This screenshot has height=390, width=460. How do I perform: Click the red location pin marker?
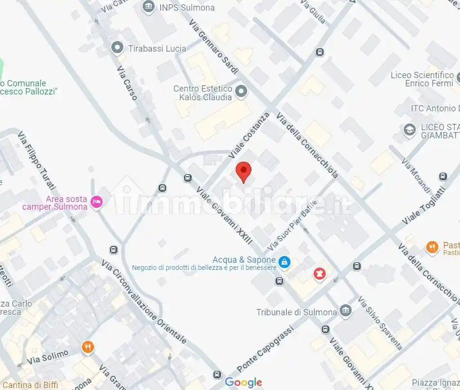coord(244,172)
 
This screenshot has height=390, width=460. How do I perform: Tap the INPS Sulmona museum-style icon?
coord(149,7)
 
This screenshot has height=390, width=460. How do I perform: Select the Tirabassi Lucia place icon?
coord(117,48)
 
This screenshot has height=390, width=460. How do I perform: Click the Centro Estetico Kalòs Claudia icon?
coord(242,91)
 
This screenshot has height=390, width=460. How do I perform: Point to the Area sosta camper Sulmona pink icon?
coord(96,202)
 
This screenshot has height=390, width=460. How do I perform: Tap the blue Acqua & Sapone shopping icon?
coord(285,262)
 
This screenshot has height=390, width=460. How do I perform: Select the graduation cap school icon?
coord(409,130)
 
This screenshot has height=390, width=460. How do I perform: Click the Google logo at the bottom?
coord(244,383)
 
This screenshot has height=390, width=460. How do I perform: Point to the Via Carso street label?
coord(127,82)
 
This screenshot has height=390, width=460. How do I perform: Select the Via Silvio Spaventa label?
coord(380,323)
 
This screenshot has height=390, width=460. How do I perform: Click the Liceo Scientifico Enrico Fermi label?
coord(422,79)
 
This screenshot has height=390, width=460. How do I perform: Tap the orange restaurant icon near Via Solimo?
coord(87,347)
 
